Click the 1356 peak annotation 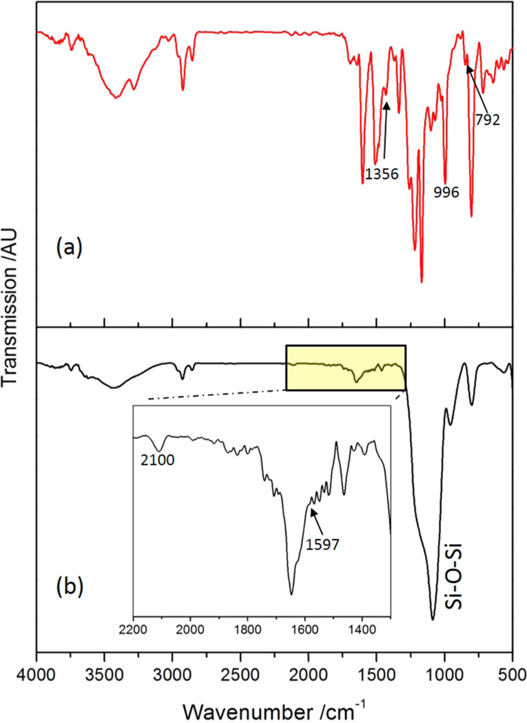[x=382, y=174]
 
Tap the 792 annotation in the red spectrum [x=487, y=118]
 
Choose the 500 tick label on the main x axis [x=512, y=671]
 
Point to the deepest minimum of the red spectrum [x=422, y=281]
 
